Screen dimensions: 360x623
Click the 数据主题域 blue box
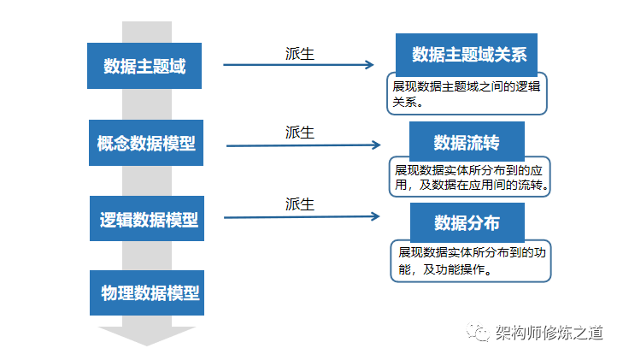click(144, 65)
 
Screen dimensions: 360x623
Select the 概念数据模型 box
click(145, 143)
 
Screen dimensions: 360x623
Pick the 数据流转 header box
click(466, 141)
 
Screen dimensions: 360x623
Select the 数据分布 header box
click(466, 222)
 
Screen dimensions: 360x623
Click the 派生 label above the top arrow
click(300, 53)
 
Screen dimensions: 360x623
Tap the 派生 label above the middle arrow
click(300, 133)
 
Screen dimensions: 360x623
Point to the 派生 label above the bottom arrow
click(300, 204)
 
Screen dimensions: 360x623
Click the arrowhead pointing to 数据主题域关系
click(370, 64)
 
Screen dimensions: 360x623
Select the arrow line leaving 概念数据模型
click(299, 145)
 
